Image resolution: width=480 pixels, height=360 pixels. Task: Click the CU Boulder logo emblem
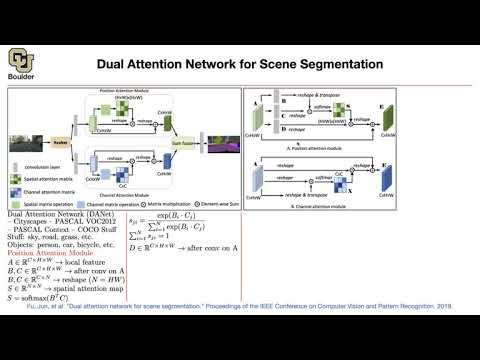[19, 57]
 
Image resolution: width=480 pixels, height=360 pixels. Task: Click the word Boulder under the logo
[20, 73]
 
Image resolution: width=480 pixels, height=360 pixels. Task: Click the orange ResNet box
[60, 143]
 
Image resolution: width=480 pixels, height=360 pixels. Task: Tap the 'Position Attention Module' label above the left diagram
[123, 91]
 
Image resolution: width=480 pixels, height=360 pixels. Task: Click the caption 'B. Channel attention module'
[345, 202]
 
